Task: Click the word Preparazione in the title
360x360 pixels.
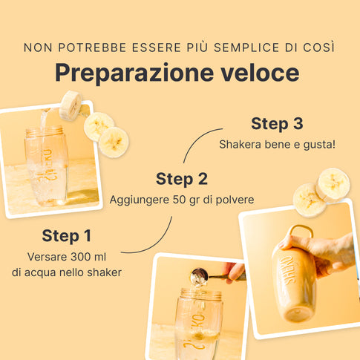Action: click(x=134, y=73)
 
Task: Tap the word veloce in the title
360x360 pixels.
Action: click(x=260, y=73)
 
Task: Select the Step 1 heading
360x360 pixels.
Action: click(x=67, y=235)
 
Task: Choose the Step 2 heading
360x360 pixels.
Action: click(x=182, y=179)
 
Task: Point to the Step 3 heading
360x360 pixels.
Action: click(x=277, y=123)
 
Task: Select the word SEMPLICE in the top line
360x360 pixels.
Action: click(x=246, y=48)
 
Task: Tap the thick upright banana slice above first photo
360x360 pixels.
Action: click(x=71, y=105)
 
